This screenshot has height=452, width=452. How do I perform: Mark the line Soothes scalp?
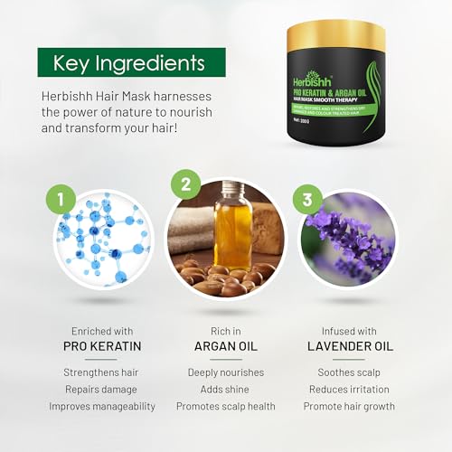pos(348,372)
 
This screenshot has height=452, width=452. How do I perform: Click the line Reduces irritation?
pos(348,389)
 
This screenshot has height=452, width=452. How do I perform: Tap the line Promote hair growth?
pos(348,406)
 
